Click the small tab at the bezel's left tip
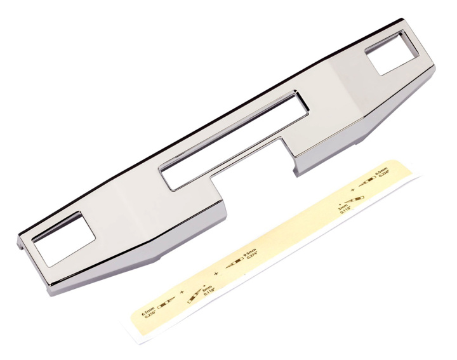point(25,244)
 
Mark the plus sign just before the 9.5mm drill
point(215,274)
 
